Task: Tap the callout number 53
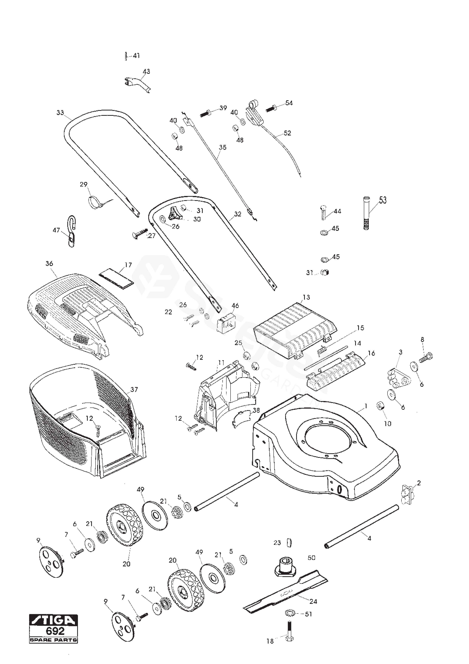(383, 200)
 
